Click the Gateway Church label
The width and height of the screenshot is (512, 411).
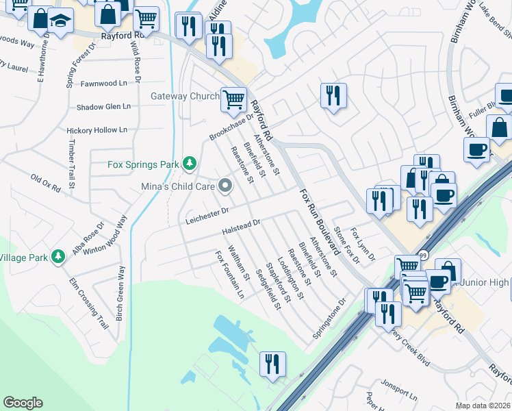[184, 97]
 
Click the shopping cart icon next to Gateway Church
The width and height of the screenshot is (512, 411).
[233, 99]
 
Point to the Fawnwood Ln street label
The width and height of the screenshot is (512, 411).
[104, 84]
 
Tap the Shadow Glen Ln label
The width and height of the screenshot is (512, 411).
[103, 107]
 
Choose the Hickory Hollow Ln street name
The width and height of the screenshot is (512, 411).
[97, 129]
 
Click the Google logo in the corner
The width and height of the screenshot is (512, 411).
[23, 403]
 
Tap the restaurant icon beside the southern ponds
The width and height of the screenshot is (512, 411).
[273, 364]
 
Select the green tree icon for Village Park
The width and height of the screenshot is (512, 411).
[59, 256]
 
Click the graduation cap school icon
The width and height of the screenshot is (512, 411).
[60, 20]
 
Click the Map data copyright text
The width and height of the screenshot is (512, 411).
[483, 406]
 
